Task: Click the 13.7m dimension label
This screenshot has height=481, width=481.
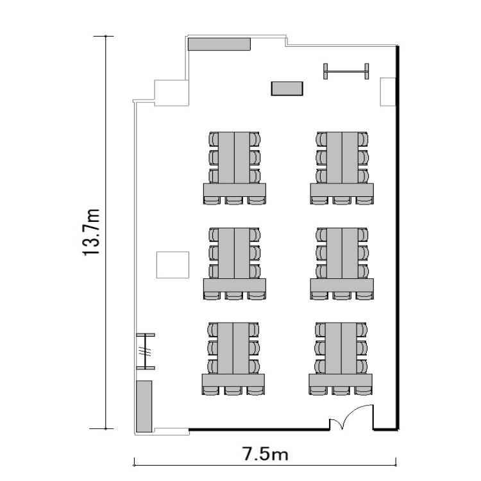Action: (91, 232)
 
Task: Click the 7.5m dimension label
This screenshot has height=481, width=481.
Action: (266, 454)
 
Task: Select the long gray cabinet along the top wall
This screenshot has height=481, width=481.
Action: (219, 44)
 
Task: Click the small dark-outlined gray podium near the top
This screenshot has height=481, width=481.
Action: (287, 89)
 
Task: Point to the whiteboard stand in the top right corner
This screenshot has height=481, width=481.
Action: (346, 71)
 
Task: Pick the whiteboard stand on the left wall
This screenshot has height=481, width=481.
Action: (146, 351)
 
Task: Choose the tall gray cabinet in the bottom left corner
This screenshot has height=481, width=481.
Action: (144, 406)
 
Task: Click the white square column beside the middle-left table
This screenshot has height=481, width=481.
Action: (173, 265)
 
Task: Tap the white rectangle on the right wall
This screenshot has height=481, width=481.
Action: (388, 92)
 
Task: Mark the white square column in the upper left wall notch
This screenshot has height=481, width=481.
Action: (171, 93)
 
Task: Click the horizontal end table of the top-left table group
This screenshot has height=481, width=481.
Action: (235, 190)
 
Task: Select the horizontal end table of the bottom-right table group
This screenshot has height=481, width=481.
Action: (341, 380)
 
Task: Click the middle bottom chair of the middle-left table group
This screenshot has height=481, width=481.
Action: (234, 295)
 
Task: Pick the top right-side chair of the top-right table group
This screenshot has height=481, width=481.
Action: (363, 139)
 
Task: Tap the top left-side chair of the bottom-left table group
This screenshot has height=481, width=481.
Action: (213, 330)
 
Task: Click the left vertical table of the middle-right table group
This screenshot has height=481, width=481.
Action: (334, 253)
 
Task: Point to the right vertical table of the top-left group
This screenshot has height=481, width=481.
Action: (242, 158)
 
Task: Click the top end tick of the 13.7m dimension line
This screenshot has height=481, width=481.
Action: (106, 36)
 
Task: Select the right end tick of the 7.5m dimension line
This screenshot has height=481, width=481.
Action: (396, 462)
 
